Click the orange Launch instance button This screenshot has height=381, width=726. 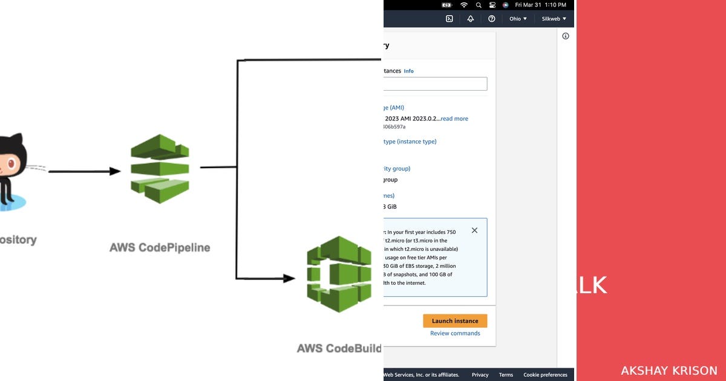click(455, 321)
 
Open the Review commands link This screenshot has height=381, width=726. click(455, 333)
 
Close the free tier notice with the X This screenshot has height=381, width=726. click(474, 230)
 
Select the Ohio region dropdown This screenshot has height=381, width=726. click(518, 19)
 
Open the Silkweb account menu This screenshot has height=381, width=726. click(554, 19)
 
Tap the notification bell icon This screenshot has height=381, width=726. click(471, 19)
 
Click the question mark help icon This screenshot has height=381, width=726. click(492, 19)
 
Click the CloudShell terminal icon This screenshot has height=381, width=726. click(450, 19)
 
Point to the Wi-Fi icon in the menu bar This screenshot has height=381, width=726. click(464, 5)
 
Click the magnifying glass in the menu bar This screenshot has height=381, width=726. click(479, 5)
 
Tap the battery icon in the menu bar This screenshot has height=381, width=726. click(447, 5)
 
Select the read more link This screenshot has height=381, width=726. click(454, 119)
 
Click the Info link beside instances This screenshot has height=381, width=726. click(409, 71)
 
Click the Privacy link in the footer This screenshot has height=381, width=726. click(480, 375)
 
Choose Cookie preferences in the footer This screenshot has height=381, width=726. click(545, 375)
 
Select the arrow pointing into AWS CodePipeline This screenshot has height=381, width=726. click(85, 171)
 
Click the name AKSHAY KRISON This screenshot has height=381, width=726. click(669, 371)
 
